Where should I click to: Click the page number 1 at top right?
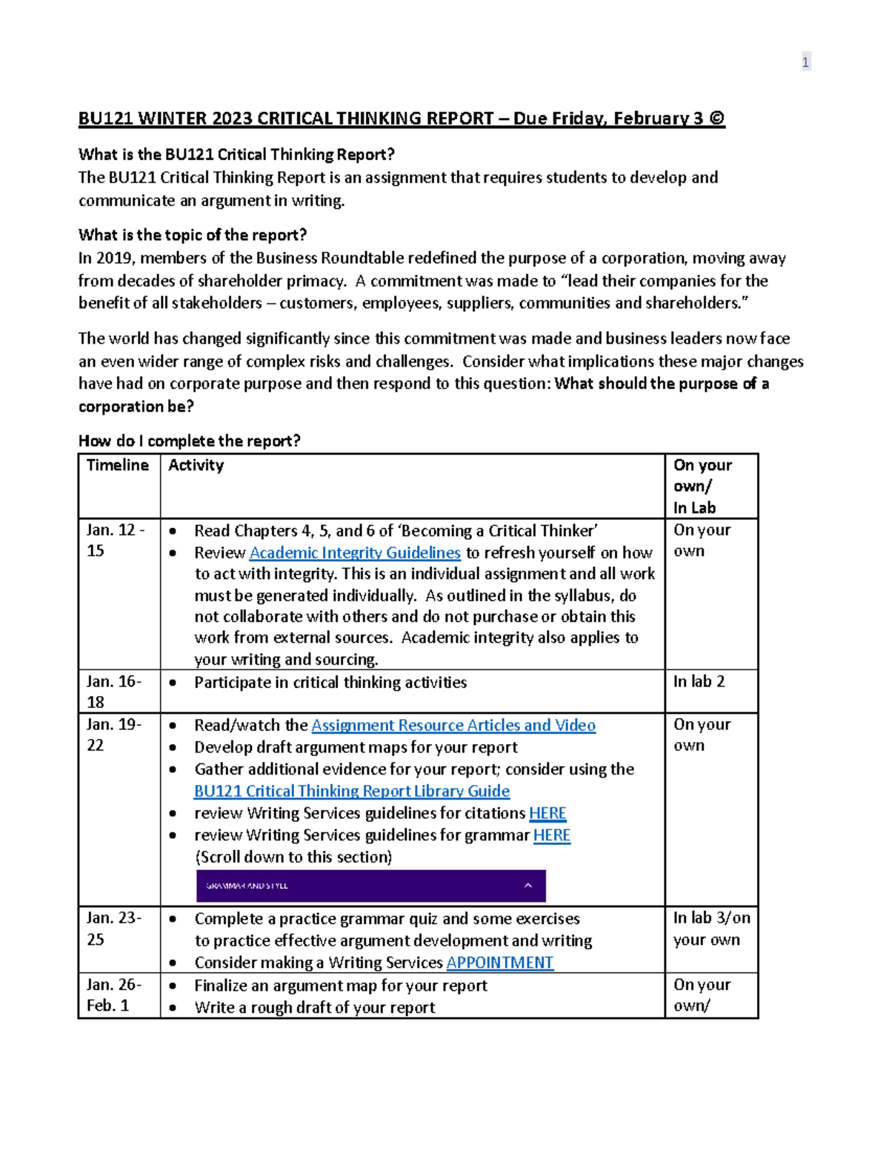[x=805, y=62]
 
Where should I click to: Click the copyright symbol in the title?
[x=716, y=118]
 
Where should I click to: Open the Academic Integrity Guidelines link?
[x=355, y=553]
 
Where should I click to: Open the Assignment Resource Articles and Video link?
[x=453, y=726]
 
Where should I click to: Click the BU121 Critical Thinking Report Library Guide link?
[x=352, y=792]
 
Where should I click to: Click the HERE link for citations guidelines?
[x=547, y=813]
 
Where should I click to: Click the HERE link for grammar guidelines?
[x=552, y=835]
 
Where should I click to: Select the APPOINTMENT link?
[x=499, y=963]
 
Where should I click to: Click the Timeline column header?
[x=118, y=465]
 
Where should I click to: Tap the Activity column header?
[x=196, y=465]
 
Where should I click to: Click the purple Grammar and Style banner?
[x=370, y=886]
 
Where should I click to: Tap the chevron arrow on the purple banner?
[x=528, y=886]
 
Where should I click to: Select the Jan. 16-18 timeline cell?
[x=114, y=692]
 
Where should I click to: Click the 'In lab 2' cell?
[x=699, y=682]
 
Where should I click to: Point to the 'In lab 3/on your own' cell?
[x=711, y=929]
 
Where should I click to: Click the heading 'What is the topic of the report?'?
[x=193, y=235]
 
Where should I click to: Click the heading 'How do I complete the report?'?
[x=190, y=441]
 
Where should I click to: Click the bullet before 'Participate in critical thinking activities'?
[x=173, y=683]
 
